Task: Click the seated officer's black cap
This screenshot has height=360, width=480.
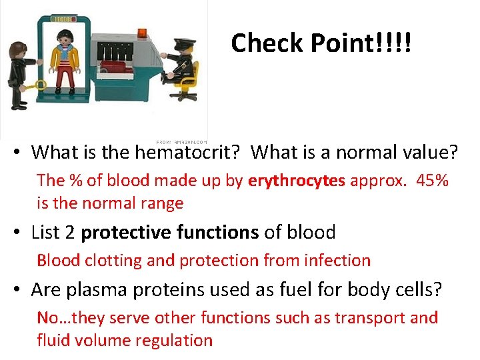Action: pos(183,41)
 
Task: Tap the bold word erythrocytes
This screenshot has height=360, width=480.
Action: pos(297,181)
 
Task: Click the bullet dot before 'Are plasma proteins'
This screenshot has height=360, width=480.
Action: pos(19,290)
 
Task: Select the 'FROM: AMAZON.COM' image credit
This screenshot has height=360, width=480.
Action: pos(182,142)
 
